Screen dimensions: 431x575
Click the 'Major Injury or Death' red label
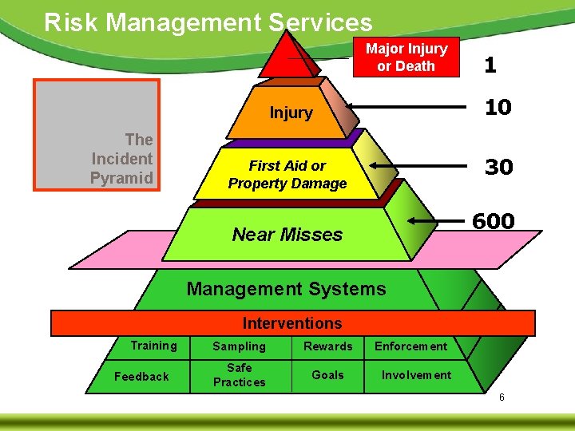406,57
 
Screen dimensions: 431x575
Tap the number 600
493,221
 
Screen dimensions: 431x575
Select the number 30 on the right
498,167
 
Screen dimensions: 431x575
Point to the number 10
498,107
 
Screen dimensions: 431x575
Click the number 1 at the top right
490,65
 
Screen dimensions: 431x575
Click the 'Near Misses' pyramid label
287,235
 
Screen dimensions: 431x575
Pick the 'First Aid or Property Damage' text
287,175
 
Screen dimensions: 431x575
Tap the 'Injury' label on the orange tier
291,113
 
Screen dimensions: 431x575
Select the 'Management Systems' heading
286,289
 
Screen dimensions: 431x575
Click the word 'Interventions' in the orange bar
291,323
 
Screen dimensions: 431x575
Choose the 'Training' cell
154,346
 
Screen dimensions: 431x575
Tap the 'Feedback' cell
142,376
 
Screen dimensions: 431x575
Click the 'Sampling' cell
239,346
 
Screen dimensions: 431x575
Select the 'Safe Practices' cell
239,375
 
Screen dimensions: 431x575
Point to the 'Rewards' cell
327,346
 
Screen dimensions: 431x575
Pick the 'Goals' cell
327,375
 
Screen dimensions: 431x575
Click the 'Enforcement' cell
411,346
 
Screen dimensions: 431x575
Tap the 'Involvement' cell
416,375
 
